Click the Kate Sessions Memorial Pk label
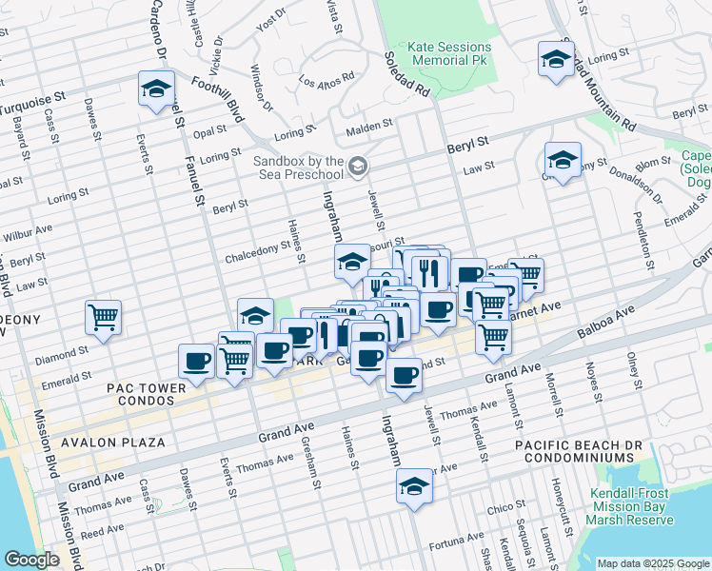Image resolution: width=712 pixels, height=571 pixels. point(449,53)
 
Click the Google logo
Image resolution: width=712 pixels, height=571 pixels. point(31,560)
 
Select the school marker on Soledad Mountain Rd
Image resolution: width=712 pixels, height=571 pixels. point(556,58)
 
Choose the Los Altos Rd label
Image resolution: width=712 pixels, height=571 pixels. point(326,79)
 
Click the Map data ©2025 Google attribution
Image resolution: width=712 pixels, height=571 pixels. point(652,562)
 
